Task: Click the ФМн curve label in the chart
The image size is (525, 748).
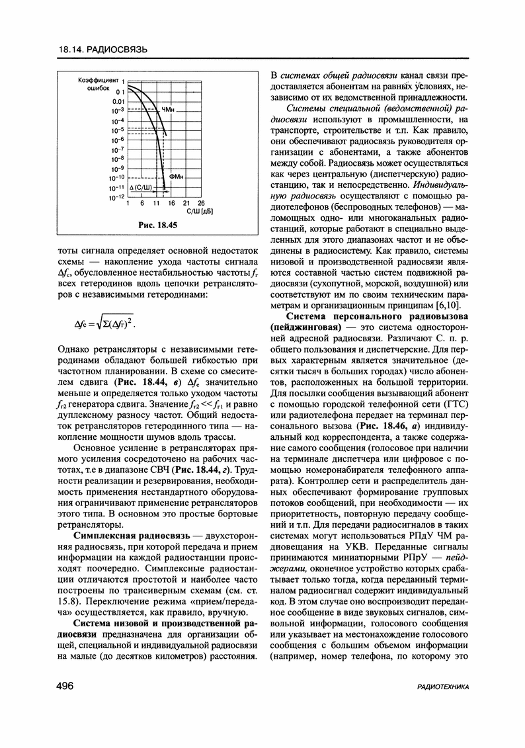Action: point(177,177)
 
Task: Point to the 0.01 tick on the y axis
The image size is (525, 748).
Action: point(118,101)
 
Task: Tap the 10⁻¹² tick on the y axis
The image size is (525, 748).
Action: point(117,197)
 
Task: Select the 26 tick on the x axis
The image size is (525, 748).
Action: point(201,203)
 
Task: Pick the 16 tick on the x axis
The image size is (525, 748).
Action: point(171,203)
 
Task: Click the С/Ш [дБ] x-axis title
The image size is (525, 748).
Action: point(198,211)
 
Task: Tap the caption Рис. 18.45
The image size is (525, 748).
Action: point(158,226)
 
